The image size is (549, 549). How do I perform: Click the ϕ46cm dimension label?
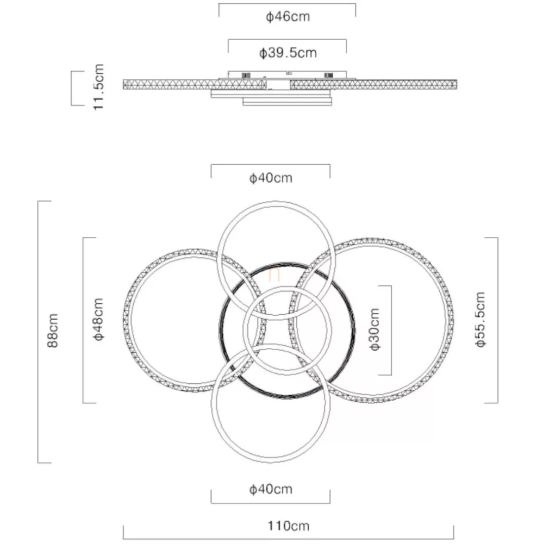pos(288,16)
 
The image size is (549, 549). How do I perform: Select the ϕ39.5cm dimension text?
pos(288,53)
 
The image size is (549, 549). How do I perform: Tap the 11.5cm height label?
pos(98,87)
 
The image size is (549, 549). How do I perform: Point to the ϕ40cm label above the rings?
pos(271,178)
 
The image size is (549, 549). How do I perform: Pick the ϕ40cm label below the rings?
pos(271,489)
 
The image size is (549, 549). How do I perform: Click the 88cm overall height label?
pos(53,330)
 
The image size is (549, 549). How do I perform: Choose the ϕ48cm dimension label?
pos(98,319)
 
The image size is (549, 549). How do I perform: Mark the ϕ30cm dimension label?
pos(375,329)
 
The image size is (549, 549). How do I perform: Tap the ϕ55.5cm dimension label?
pos(481,319)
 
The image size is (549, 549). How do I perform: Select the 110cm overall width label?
pos(289,526)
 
